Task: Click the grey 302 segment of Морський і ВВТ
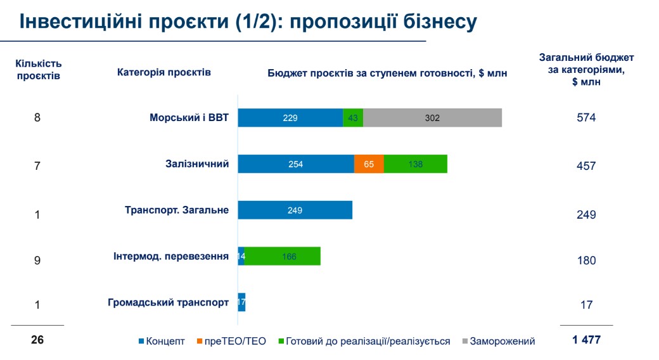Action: pyautogui.click(x=433, y=118)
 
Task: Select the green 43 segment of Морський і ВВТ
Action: pyautogui.click(x=353, y=118)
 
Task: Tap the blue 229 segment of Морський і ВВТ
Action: pyautogui.click(x=291, y=118)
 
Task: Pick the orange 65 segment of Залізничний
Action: pyautogui.click(x=369, y=164)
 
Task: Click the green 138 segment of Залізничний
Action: pyautogui.click(x=416, y=164)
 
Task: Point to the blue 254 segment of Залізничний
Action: pyautogui.click(x=296, y=164)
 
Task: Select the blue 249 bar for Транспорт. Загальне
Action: pyautogui.click(x=295, y=210)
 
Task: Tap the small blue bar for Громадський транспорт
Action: pyautogui.click(x=241, y=302)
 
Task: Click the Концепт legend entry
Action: pyautogui.click(x=161, y=341)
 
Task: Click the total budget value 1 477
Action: pyautogui.click(x=586, y=340)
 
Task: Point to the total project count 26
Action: pyautogui.click(x=37, y=340)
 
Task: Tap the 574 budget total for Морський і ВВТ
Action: pyautogui.click(x=587, y=118)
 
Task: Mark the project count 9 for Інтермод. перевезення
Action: pyautogui.click(x=37, y=259)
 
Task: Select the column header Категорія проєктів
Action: pyautogui.click(x=164, y=72)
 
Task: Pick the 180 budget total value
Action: pyautogui.click(x=587, y=260)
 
